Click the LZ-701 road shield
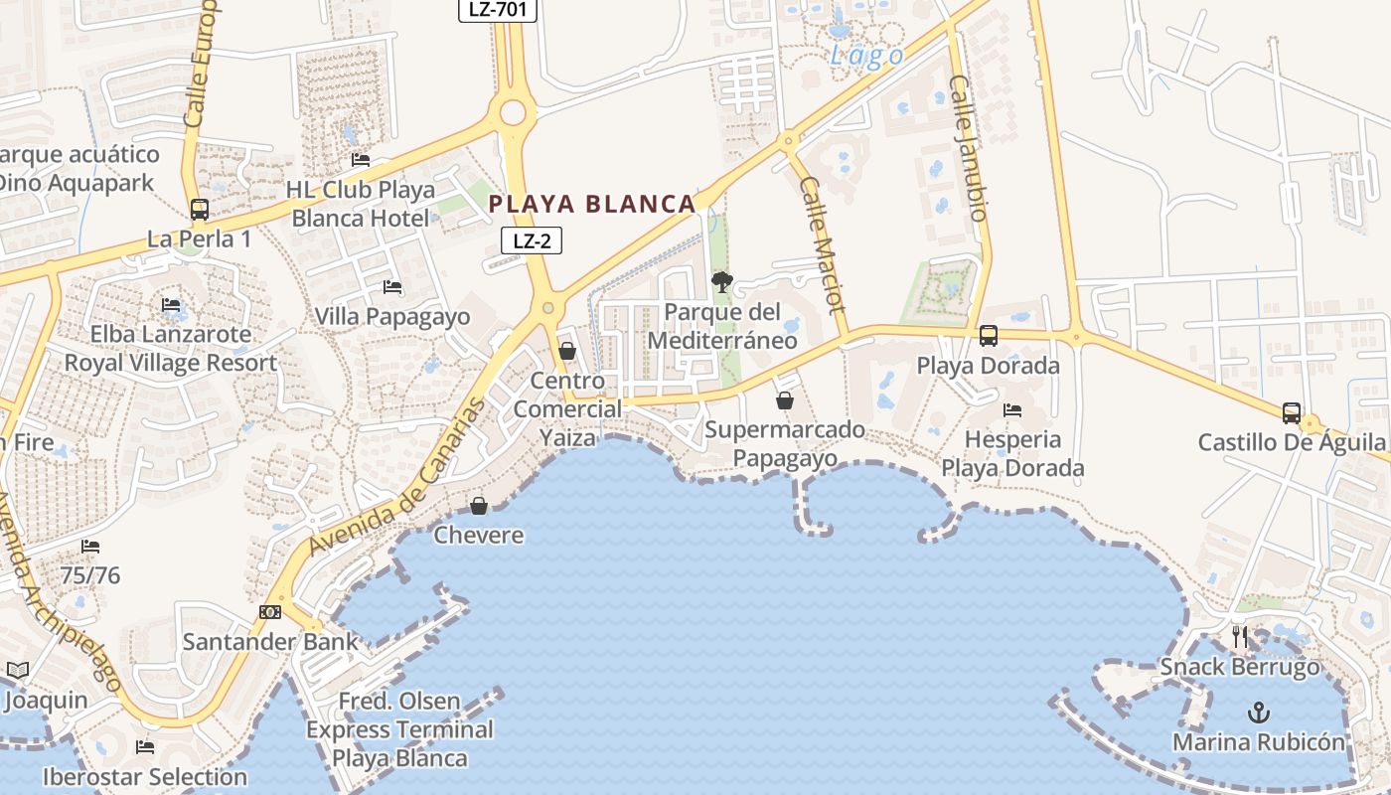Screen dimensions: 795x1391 pos(497,10)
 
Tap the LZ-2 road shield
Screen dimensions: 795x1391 pos(532,240)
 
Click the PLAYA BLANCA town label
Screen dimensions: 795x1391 pos(592,205)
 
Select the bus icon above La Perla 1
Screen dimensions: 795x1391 pos(200,210)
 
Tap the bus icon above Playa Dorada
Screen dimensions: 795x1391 pos(988,336)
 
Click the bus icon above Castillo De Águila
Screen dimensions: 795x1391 pos(1291,412)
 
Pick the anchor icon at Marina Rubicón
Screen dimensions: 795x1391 pos(1259,713)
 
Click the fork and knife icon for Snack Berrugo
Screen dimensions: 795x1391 pos(1239,637)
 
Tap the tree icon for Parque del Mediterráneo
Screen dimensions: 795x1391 pos(722,283)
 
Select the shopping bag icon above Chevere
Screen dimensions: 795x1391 pos(479,506)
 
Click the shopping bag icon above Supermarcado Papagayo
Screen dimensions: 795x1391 pos(785,400)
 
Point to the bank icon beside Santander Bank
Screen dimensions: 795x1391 pos(269,612)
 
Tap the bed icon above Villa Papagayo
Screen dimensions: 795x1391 pos(392,288)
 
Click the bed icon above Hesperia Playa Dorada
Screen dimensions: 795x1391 pos(1012,409)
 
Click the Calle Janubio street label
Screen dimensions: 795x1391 pos(969,148)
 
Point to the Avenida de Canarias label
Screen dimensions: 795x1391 pos(396,477)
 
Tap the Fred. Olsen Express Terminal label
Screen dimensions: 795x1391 pos(399,729)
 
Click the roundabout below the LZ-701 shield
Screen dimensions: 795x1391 pos(512,112)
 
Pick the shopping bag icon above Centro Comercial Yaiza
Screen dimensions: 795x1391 pos(567,351)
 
